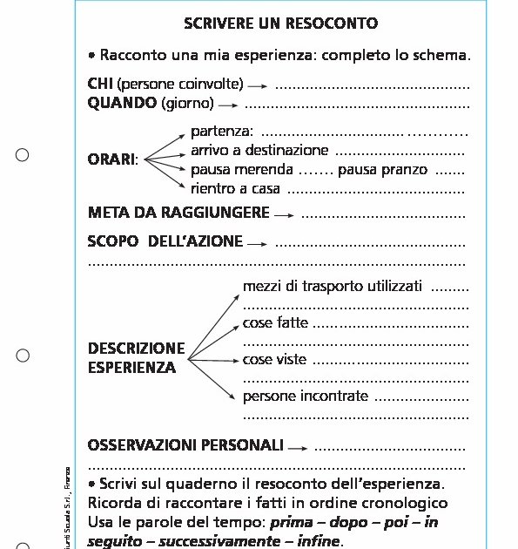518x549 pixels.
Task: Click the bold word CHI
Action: pyautogui.click(x=101, y=85)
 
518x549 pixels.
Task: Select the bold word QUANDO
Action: pyautogui.click(x=123, y=104)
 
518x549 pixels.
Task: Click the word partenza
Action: pyautogui.click(x=221, y=132)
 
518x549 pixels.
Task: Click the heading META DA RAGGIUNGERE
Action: pyautogui.click(x=178, y=212)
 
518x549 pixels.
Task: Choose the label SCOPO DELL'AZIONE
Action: pyautogui.click(x=165, y=241)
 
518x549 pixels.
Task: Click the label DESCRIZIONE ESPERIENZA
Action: pyautogui.click(x=137, y=357)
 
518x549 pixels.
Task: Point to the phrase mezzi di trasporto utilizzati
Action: pyautogui.click(x=333, y=286)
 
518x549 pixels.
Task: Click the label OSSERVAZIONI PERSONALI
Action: pyautogui.click(x=185, y=445)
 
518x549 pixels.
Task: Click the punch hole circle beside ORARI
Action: pyautogui.click(x=23, y=155)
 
